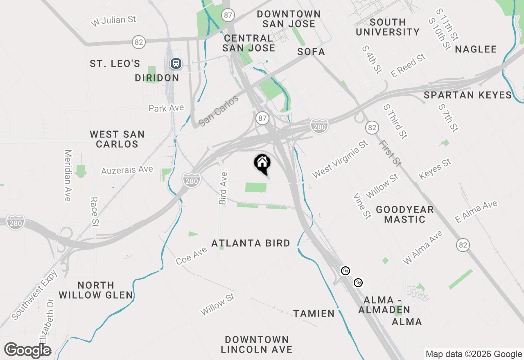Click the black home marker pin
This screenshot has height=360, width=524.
[x=262, y=164]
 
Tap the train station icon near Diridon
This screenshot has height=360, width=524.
[x=176, y=63]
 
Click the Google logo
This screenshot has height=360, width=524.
[x=27, y=351]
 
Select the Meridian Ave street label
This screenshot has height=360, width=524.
[x=68, y=175]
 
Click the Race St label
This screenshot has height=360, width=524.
[x=94, y=211]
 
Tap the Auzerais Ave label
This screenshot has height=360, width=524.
[x=127, y=170]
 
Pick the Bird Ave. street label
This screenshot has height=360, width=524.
[x=223, y=187]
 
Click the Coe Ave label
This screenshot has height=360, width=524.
[x=192, y=256]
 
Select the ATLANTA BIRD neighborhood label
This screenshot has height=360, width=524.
[x=251, y=243]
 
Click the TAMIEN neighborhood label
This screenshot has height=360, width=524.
[x=314, y=314]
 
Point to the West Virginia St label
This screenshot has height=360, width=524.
[x=340, y=160]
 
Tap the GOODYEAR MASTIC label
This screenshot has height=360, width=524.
[x=404, y=214]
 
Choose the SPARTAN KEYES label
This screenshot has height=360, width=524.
[x=468, y=95]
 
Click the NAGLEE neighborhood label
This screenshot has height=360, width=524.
[x=476, y=49]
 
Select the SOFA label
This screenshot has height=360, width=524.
[x=311, y=52]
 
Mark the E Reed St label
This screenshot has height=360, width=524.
[x=408, y=66]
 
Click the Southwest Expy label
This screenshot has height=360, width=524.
[x=35, y=295]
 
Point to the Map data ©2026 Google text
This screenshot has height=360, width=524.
[x=474, y=354]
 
